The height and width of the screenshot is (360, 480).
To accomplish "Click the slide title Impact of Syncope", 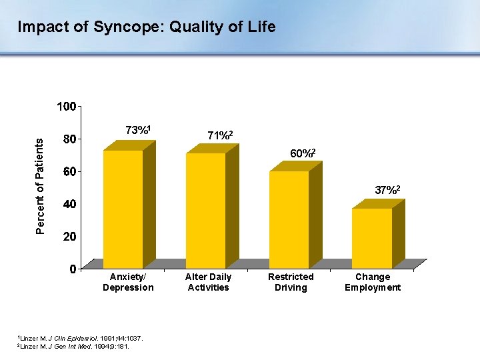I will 146,27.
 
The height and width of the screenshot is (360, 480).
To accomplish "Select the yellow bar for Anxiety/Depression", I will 123,209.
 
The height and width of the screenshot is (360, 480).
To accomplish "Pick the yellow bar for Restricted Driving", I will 289,220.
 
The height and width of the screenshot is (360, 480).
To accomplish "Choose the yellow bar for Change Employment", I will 371,238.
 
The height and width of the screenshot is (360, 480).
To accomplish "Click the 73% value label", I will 141,129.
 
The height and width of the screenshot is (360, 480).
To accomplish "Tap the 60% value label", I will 302,153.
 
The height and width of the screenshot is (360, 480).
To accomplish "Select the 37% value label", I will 387,190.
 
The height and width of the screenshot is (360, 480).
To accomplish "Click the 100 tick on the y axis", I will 66,107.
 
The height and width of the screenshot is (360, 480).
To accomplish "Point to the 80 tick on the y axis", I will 69,139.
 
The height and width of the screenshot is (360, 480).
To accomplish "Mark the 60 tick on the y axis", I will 69,172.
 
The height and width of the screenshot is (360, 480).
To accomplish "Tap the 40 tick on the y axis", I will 69,205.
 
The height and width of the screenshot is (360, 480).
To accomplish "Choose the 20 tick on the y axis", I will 69,237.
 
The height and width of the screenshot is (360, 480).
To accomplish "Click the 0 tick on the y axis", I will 72,269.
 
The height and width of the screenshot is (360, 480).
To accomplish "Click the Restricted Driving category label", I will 291,282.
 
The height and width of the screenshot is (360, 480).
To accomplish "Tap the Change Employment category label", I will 373,282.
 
